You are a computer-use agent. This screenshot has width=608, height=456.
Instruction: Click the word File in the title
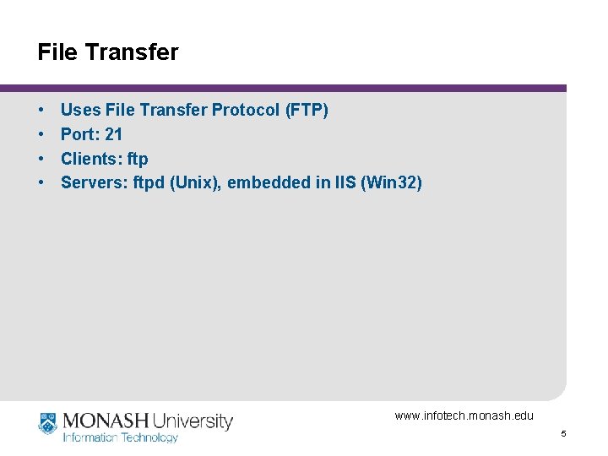pyautogui.click(x=57, y=52)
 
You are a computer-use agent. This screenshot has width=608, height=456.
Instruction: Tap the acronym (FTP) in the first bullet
pyautogui.click(x=307, y=110)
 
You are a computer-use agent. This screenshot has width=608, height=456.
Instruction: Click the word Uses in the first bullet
pyautogui.click(x=80, y=110)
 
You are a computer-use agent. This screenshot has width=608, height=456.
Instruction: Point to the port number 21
pyautogui.click(x=114, y=134)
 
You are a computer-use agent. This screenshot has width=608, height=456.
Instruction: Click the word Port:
pyautogui.click(x=80, y=134)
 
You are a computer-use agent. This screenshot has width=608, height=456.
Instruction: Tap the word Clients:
pyautogui.click(x=91, y=159)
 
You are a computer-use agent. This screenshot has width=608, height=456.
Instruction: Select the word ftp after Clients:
pyautogui.click(x=138, y=159)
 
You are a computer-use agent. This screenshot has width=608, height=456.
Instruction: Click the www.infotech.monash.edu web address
pyautogui.click(x=464, y=415)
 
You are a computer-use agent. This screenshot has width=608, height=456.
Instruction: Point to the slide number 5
pyautogui.click(x=562, y=434)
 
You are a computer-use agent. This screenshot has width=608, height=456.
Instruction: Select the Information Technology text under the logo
pyautogui.click(x=121, y=437)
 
